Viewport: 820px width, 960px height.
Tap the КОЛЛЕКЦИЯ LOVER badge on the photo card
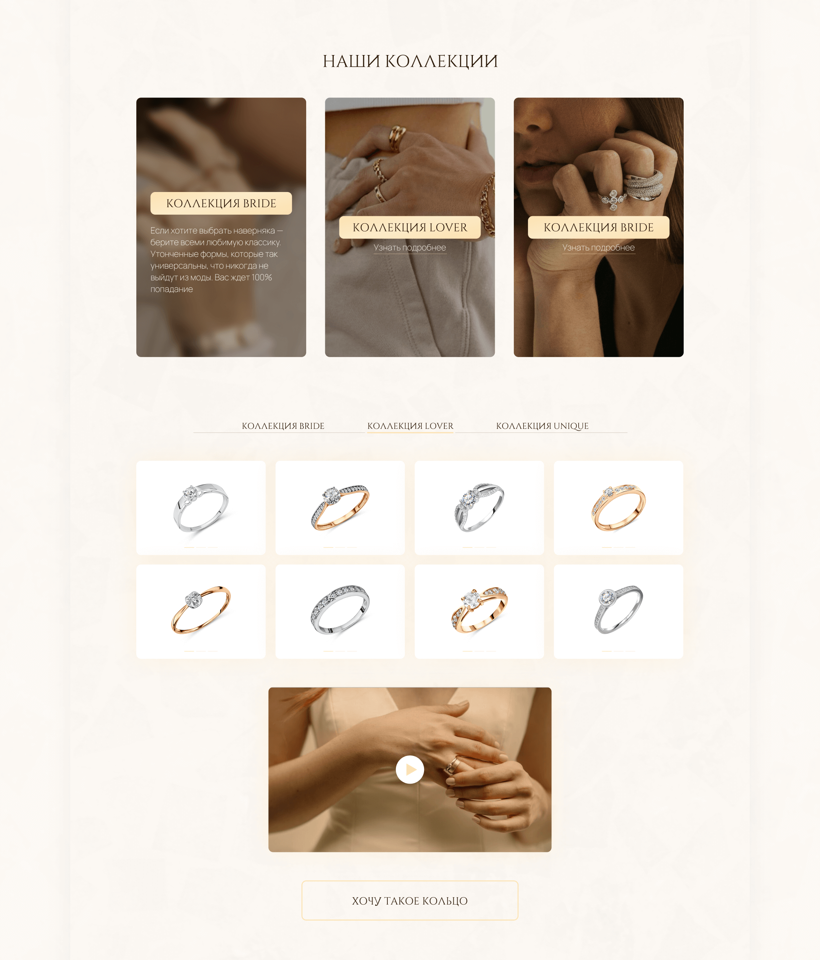point(410,228)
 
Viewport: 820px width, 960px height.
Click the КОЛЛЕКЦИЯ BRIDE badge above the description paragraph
point(221,203)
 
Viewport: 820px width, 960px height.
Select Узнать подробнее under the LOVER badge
point(410,248)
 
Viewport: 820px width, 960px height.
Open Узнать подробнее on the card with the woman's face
point(599,248)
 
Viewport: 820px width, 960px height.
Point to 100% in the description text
point(262,277)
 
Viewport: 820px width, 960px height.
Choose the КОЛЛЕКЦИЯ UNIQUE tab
point(542,426)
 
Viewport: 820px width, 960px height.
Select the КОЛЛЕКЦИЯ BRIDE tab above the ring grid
point(283,426)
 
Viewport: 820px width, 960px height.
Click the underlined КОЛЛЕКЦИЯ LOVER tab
point(410,426)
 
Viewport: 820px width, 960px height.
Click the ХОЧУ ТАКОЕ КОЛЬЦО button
point(410,900)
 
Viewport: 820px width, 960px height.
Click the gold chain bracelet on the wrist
point(488,206)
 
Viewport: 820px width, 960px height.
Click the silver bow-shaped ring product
point(479,507)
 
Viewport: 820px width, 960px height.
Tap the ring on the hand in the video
point(453,765)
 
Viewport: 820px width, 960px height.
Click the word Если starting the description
point(159,231)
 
